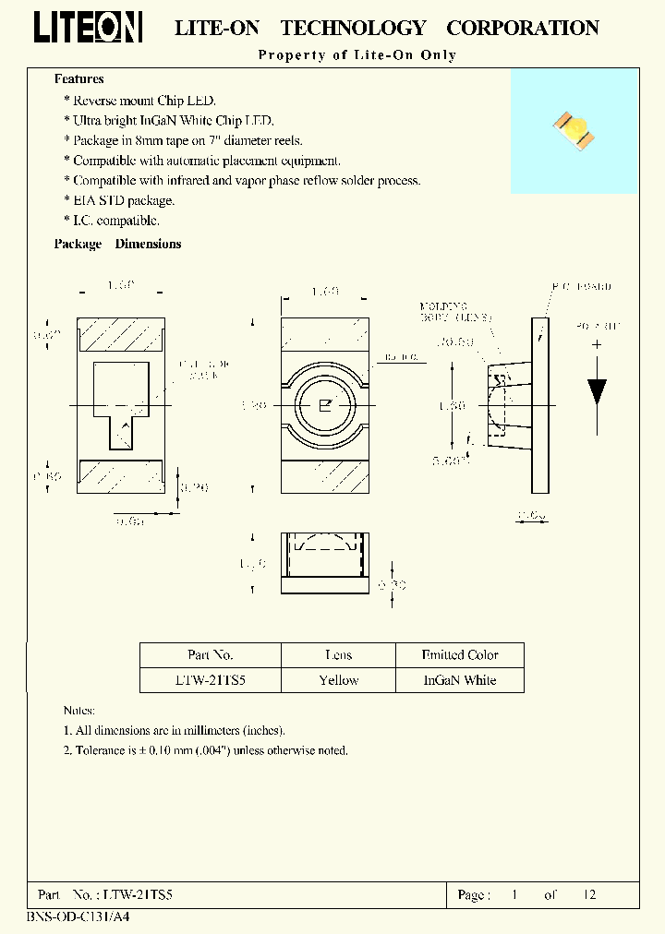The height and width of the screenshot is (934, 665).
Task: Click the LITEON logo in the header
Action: (x=88, y=27)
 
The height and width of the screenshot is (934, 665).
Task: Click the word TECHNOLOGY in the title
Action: (x=353, y=29)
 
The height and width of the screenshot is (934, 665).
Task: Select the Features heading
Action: (x=79, y=79)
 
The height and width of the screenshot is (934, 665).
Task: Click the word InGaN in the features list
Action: (x=170, y=120)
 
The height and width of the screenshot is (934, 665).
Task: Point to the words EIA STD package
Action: (x=124, y=200)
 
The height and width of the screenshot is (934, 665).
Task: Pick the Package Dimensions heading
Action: (x=117, y=244)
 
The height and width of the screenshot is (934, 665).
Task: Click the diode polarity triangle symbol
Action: (x=597, y=390)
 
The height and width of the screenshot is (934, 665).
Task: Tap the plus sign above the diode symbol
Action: (x=597, y=344)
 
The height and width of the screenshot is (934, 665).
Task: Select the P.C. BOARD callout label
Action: (x=583, y=287)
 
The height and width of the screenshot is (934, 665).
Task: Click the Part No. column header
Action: (x=210, y=655)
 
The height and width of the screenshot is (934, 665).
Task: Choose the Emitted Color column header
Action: (x=459, y=655)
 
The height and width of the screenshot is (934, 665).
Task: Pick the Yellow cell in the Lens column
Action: (x=338, y=680)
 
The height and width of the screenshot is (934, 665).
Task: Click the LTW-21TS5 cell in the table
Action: (x=210, y=680)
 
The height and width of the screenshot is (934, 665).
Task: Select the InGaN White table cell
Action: (x=459, y=680)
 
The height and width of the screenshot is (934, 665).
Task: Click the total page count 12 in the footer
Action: (x=588, y=894)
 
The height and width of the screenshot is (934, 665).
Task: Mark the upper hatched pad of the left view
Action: (x=120, y=335)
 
